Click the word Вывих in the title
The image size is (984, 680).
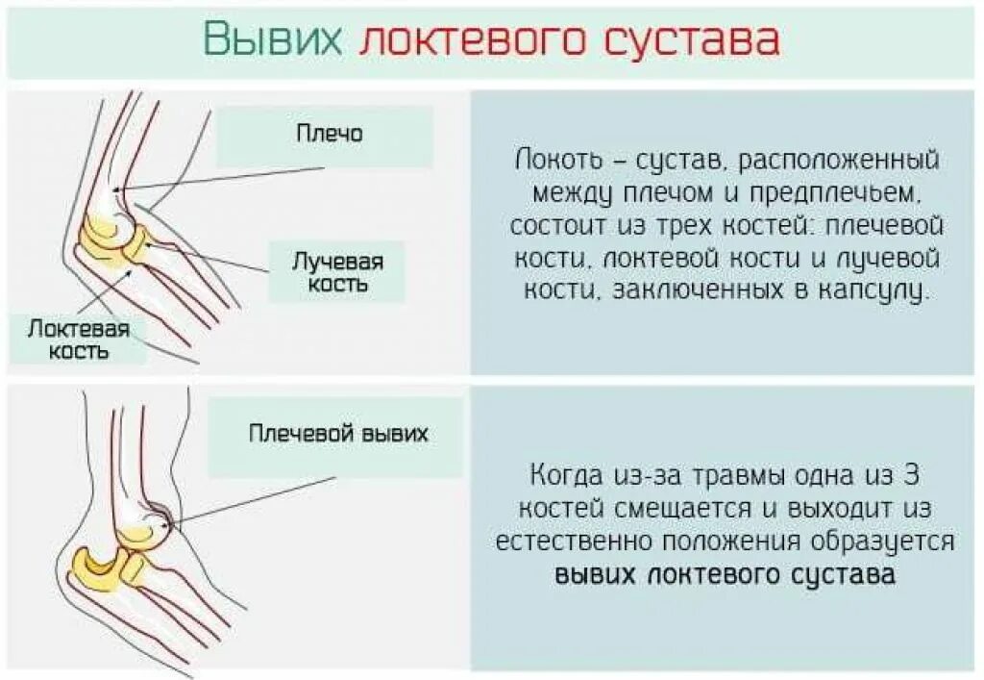[x=273, y=39]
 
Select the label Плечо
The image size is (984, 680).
[x=329, y=134]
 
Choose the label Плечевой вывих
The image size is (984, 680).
[x=338, y=434]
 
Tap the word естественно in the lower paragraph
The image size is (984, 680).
[x=582, y=541]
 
